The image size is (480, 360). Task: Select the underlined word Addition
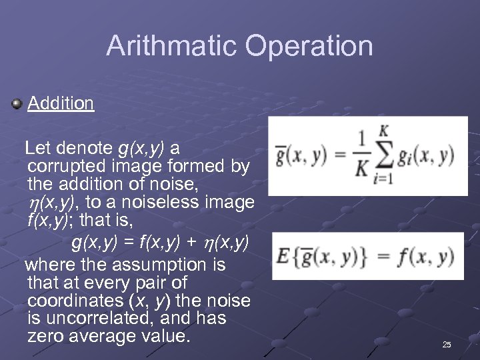[x=61, y=103]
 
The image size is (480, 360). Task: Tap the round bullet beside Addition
[x=17, y=103]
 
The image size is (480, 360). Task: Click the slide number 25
[x=447, y=344]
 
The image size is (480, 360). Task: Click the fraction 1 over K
[x=361, y=156]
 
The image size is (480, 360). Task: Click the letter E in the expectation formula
[x=283, y=256]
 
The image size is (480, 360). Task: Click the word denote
[x=83, y=147]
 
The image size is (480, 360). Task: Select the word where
[x=51, y=265]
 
